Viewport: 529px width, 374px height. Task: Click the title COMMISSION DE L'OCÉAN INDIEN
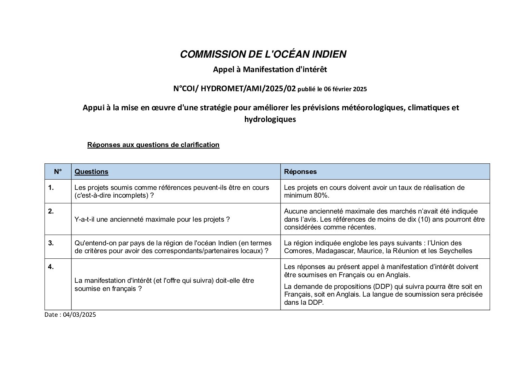263,54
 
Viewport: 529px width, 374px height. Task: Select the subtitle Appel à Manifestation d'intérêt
270,70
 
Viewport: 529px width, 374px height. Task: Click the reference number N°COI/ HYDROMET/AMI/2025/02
234,89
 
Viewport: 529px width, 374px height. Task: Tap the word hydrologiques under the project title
270,119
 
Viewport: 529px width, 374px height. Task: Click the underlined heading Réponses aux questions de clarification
153,145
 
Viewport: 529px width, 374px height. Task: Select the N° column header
58,171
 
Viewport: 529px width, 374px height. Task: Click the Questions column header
92,171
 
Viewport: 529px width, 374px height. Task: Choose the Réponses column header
300,171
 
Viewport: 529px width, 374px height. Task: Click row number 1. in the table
51,187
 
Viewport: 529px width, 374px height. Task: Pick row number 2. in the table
51,211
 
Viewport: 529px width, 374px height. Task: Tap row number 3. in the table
51,243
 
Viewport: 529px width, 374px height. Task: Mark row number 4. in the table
51,267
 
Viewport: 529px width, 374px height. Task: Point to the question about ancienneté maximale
152,219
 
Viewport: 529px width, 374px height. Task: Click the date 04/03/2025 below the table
80,315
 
